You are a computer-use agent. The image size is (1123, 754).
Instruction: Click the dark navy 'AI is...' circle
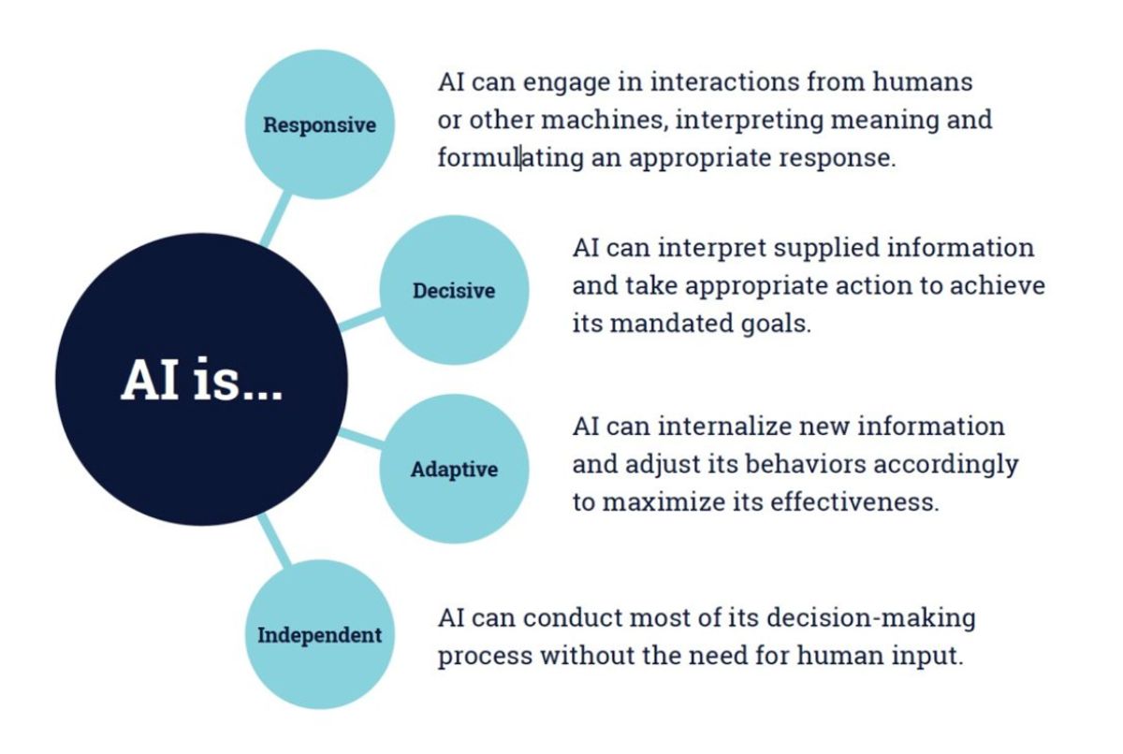pos(201,379)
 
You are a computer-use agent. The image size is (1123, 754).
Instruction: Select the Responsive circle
pos(318,124)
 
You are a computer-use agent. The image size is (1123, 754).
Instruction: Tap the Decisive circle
pos(454,290)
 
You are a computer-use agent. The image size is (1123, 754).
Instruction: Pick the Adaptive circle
pos(454,469)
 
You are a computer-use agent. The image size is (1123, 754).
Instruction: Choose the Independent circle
pos(319,635)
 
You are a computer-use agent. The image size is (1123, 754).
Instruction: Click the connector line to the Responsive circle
pos(278,215)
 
